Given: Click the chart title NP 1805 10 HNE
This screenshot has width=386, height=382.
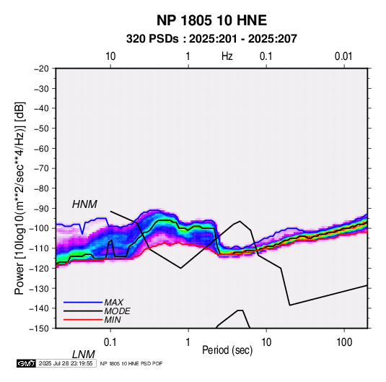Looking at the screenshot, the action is [211, 20].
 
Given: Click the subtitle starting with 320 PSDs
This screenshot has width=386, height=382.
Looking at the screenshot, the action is [211, 39].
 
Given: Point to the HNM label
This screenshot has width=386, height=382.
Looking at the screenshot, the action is [84, 204].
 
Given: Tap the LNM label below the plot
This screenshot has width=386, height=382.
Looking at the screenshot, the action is [84, 355].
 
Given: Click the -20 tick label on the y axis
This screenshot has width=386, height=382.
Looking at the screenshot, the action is [41, 69].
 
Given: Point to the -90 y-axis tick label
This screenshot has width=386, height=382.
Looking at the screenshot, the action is [41, 208].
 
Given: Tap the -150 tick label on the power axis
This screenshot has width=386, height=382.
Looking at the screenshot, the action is [39, 329].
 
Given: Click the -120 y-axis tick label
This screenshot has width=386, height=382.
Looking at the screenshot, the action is [39, 268].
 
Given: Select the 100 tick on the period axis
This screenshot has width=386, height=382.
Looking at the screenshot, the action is [344, 342].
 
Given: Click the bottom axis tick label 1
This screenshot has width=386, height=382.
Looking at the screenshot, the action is [188, 342].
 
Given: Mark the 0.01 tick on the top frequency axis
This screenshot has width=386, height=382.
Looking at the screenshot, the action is [343, 56].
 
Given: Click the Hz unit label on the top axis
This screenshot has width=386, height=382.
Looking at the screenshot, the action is [227, 56].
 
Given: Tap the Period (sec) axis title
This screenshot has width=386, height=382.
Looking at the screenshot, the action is [227, 350].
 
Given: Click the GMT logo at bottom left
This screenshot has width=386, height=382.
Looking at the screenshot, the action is [26, 363].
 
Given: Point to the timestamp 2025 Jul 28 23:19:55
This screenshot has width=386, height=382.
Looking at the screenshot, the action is [66, 363].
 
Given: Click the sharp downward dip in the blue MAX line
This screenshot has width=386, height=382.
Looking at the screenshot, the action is [82, 233].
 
